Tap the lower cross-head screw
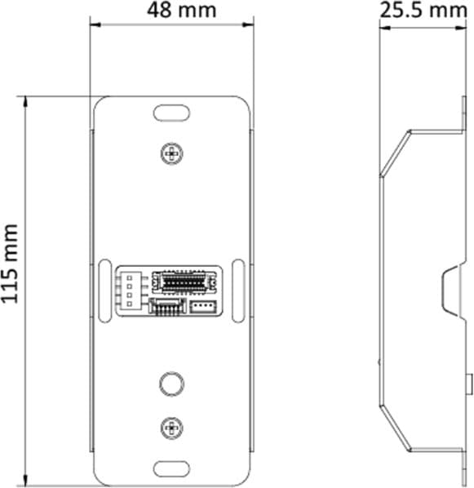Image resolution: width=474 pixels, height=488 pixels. pyautogui.click(x=171, y=425)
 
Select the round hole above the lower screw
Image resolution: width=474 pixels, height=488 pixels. pyautogui.click(x=171, y=383)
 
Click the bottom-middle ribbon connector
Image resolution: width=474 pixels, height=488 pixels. pyautogui.click(x=167, y=307)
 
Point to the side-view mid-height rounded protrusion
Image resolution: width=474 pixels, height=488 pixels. pyautogui.click(x=450, y=291)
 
